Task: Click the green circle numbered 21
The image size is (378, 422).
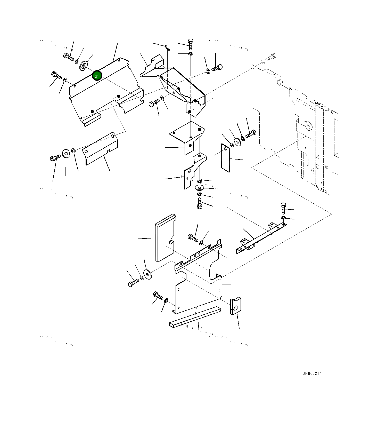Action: [x=97, y=76]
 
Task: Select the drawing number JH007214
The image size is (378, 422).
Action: [x=312, y=373]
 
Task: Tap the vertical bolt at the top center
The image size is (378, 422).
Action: [x=191, y=44]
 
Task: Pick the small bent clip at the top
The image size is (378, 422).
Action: [x=167, y=47]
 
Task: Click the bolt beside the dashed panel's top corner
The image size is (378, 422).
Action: [x=270, y=57]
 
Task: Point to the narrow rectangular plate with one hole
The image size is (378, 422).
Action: [x=225, y=157]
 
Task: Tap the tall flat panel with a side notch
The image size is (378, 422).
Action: [x=165, y=237]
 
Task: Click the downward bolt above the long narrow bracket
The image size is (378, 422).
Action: [x=283, y=208]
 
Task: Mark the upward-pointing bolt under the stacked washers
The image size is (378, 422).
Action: [x=199, y=203]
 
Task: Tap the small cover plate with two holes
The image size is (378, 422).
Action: [x=101, y=150]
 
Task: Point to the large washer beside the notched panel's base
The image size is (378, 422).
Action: [x=148, y=274]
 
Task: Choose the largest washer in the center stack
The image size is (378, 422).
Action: [x=199, y=187]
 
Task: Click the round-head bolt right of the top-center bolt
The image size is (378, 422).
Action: [x=217, y=68]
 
